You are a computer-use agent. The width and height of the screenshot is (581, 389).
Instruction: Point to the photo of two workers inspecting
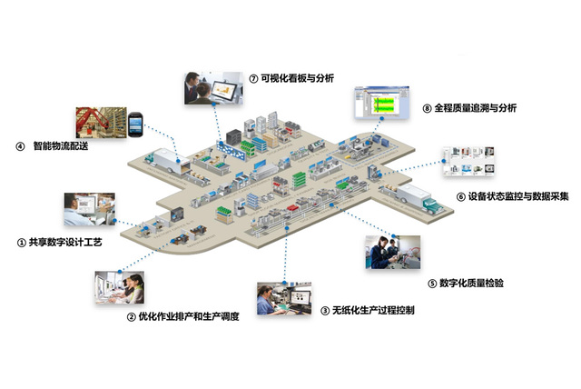pos(391,252)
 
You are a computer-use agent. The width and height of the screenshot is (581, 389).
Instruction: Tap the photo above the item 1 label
pos(89,211)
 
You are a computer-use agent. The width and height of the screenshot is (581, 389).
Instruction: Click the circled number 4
pos(20,145)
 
